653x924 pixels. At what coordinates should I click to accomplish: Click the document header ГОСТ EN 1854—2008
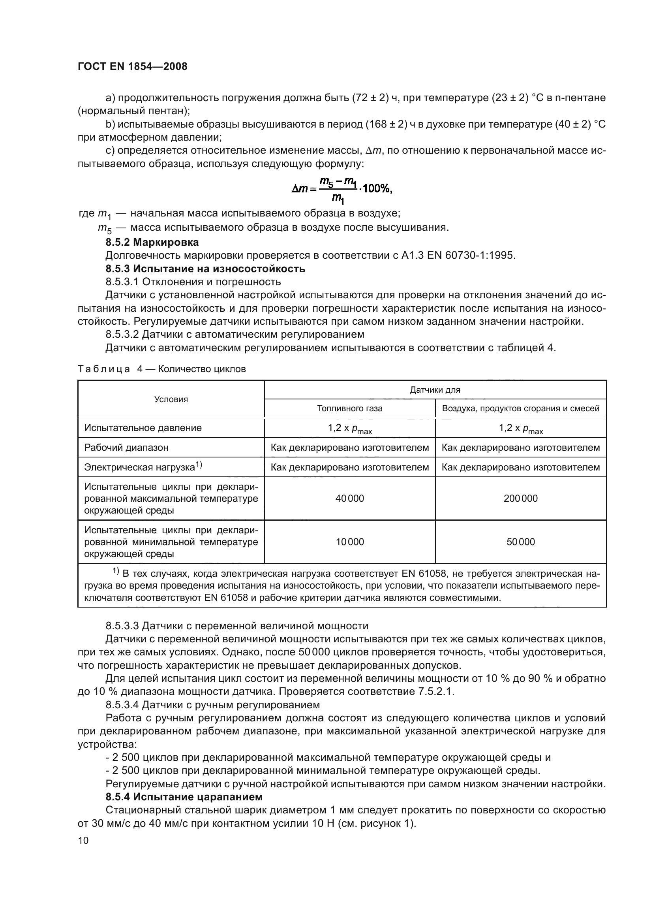tap(132, 66)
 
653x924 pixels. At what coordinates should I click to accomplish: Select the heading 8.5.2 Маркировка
tap(152, 242)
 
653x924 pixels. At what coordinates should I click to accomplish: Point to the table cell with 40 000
tap(349, 498)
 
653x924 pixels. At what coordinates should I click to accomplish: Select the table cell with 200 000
tap(520, 498)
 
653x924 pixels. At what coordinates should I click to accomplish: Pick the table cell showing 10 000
tap(349, 542)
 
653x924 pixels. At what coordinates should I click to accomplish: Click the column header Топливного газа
tap(349, 408)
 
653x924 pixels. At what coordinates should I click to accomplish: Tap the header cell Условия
tap(171, 399)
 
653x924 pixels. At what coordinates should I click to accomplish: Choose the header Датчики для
tap(435, 390)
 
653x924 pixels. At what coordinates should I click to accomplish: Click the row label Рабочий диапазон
tap(126, 448)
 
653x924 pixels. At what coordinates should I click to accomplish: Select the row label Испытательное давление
tap(143, 428)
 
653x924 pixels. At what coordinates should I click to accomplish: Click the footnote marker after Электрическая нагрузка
tap(199, 465)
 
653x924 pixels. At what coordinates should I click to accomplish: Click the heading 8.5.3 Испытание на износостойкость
tap(205, 268)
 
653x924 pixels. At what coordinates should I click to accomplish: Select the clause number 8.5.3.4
tap(122, 705)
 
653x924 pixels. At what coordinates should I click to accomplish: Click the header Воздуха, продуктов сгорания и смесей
tap(520, 408)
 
